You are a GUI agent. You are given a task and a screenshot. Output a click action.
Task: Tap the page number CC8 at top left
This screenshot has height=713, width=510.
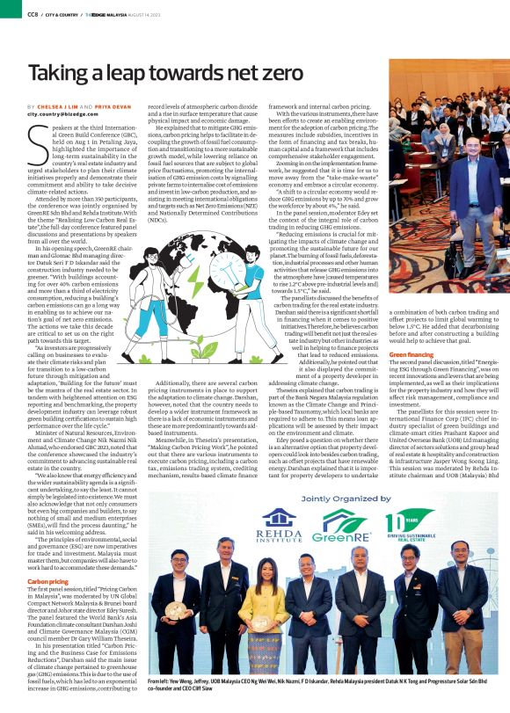point(33,13)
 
